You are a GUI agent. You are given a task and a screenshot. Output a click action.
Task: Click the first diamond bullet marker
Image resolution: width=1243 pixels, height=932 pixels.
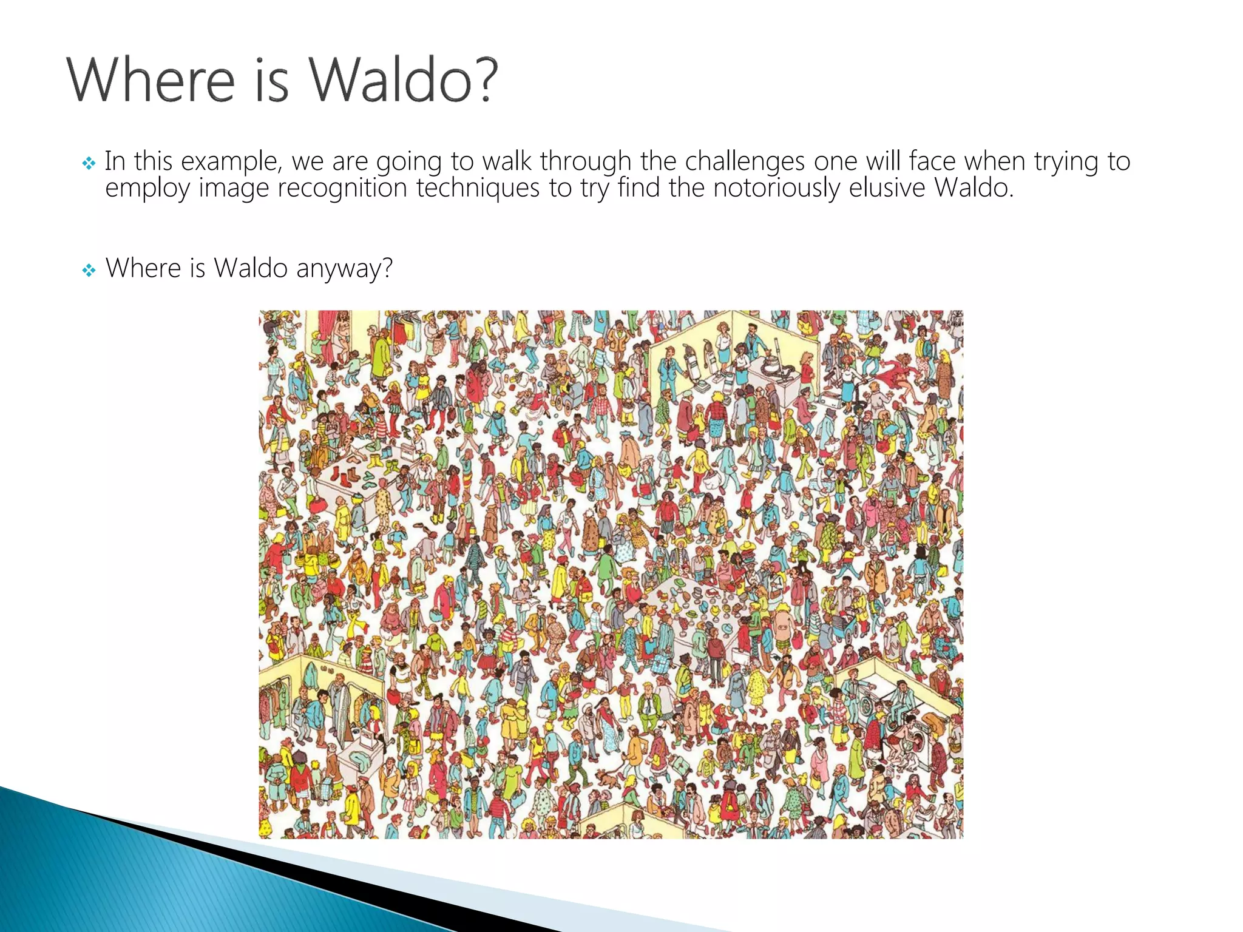89,163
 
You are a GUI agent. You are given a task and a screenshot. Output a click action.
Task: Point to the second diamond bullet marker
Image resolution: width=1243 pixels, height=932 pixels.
89,270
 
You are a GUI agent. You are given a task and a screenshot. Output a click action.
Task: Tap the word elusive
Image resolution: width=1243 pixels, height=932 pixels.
887,187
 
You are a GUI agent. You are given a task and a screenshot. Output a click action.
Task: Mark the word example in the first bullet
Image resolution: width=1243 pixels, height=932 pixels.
231,162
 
